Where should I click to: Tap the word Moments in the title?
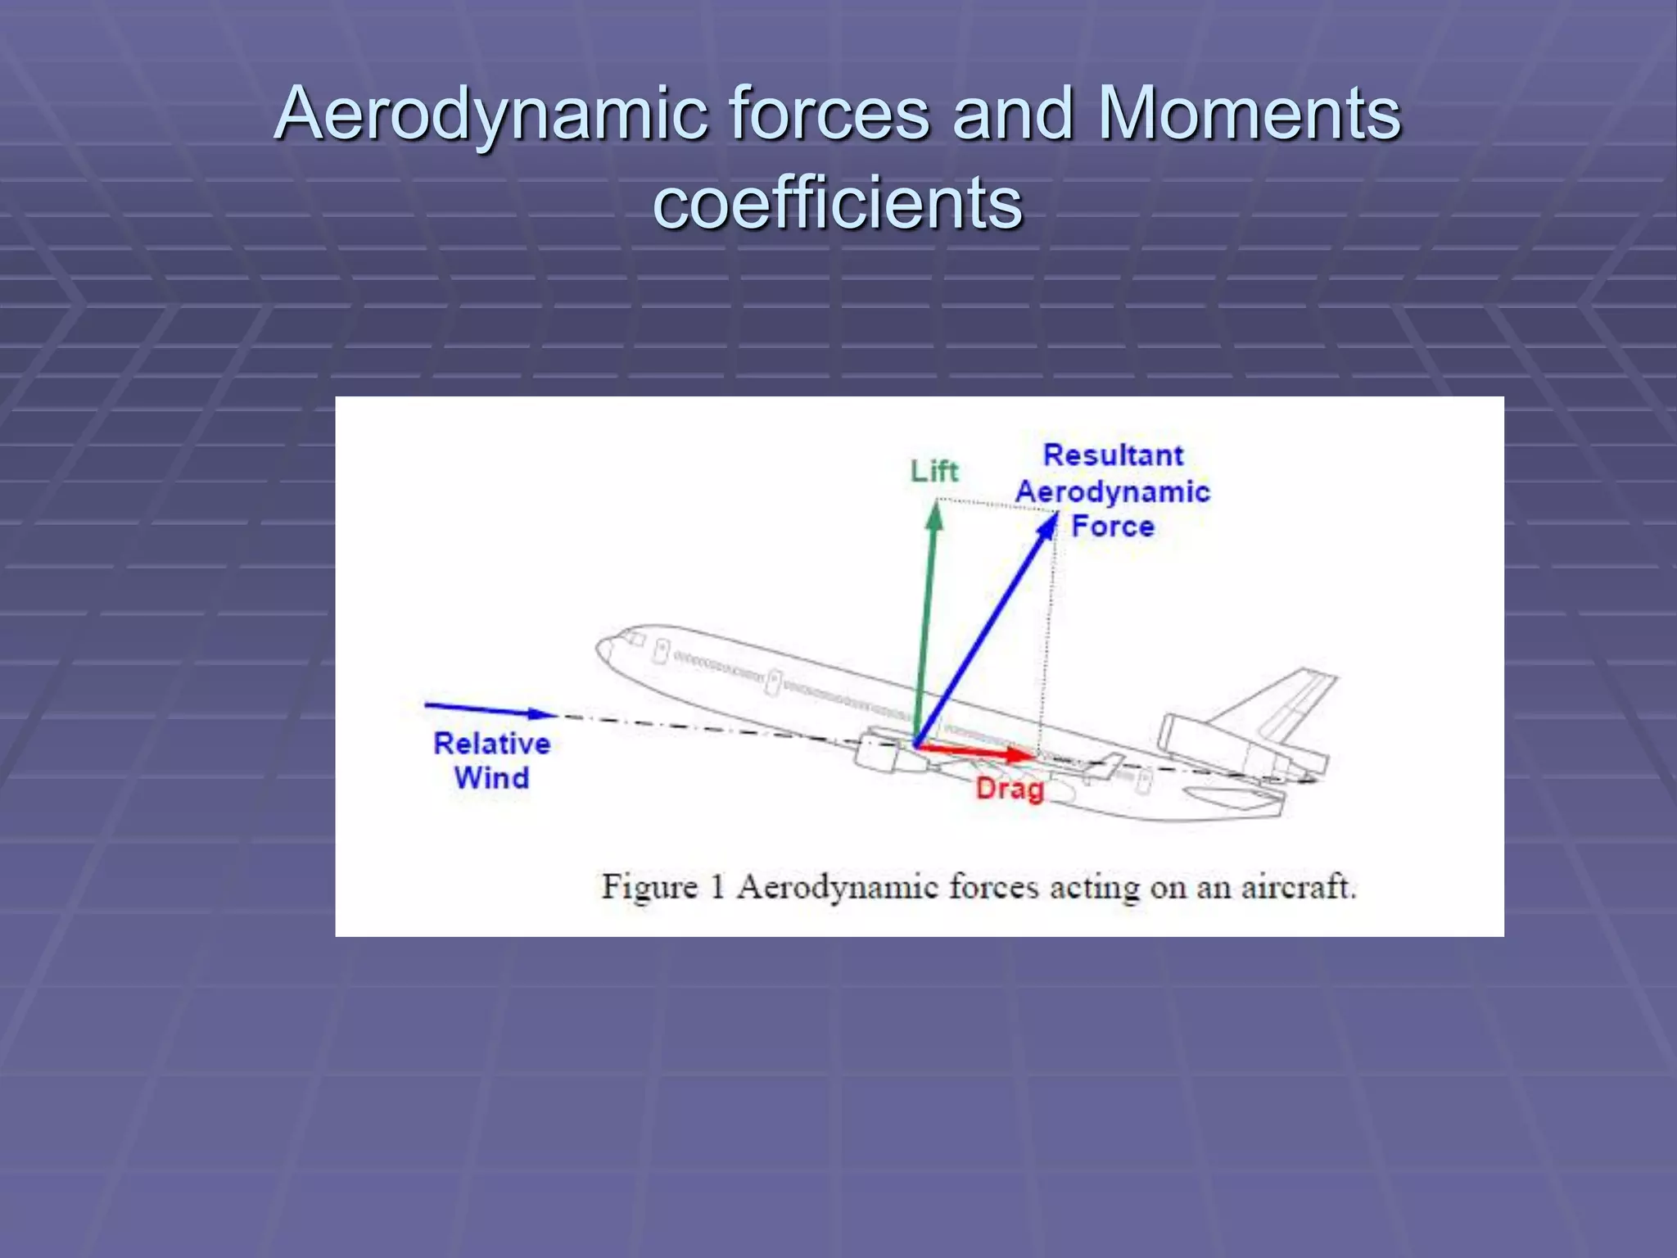pyautogui.click(x=1249, y=115)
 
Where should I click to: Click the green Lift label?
pyautogui.click(x=934, y=472)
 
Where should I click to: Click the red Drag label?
pyautogui.click(x=1010, y=789)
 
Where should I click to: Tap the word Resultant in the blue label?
pyautogui.click(x=1113, y=455)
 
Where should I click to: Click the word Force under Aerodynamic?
pyautogui.click(x=1113, y=526)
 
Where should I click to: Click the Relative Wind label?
pyautogui.click(x=491, y=760)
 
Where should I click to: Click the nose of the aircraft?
pyautogui.click(x=604, y=650)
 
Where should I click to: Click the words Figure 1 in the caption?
pyautogui.click(x=662, y=887)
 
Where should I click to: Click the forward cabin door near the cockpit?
pyautogui.click(x=660, y=653)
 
